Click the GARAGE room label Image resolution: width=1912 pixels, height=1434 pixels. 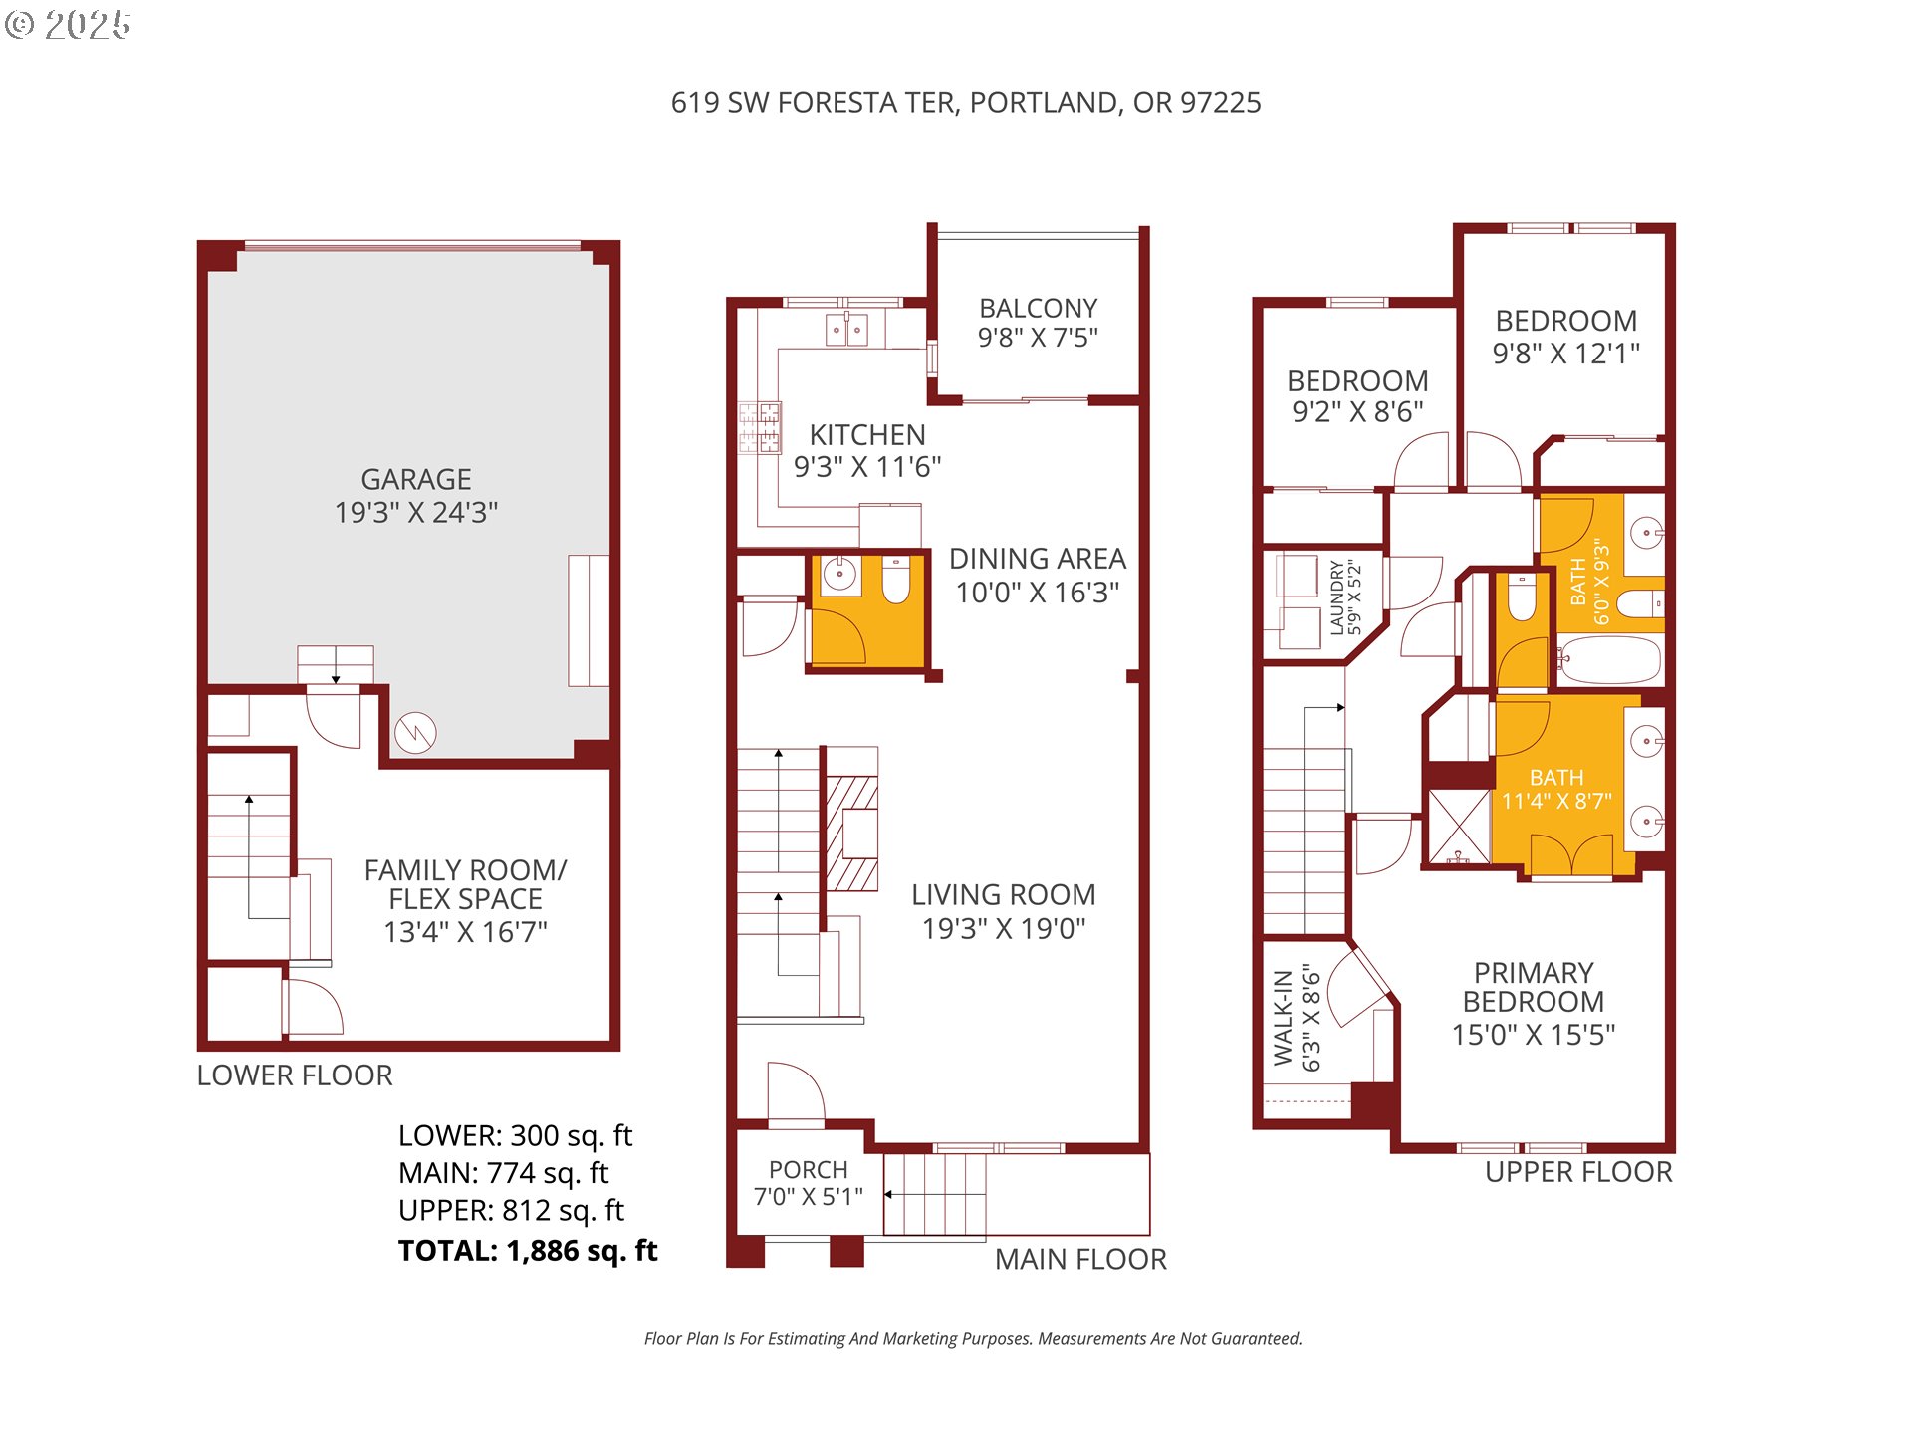(416, 479)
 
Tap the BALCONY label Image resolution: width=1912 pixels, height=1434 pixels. (1038, 308)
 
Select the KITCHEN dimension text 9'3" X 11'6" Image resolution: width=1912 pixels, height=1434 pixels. (867, 466)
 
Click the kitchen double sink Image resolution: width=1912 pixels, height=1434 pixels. (846, 329)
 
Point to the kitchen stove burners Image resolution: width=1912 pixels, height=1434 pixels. (759, 428)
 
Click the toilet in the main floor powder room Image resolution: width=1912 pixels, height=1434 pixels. (896, 580)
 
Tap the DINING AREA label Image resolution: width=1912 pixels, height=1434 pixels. (1038, 559)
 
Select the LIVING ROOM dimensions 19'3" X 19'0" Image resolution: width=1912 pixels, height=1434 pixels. (1004, 928)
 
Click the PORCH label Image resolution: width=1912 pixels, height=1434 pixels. (808, 1169)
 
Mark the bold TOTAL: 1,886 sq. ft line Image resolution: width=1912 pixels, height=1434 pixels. (528, 1250)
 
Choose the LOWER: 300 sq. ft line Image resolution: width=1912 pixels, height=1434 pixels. (515, 1135)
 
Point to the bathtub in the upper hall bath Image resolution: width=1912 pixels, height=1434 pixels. (1608, 659)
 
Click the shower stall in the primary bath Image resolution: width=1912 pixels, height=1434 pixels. (1459, 827)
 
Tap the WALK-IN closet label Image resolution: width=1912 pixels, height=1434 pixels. (1283, 1018)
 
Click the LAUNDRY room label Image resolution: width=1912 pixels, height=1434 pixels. (1336, 597)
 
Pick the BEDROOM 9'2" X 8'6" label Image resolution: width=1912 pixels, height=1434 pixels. (1357, 395)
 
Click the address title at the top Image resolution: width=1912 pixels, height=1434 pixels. (966, 102)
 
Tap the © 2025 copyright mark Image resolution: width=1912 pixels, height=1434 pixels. (68, 25)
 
